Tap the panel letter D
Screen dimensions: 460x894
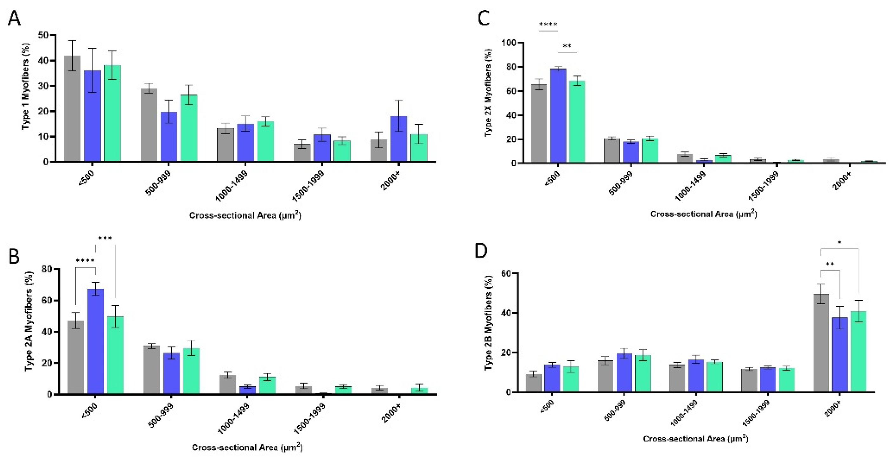tap(481, 251)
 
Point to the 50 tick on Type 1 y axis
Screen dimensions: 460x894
tap(43, 35)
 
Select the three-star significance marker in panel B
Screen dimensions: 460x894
tap(105, 238)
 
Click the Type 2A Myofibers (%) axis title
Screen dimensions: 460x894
tap(30, 321)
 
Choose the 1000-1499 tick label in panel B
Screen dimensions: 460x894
tap(233, 418)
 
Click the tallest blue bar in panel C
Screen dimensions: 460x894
tap(558, 115)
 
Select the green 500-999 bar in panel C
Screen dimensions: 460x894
tap(650, 151)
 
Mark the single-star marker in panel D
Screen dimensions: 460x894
tap(839, 242)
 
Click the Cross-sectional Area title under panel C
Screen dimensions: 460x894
tap(703, 214)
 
